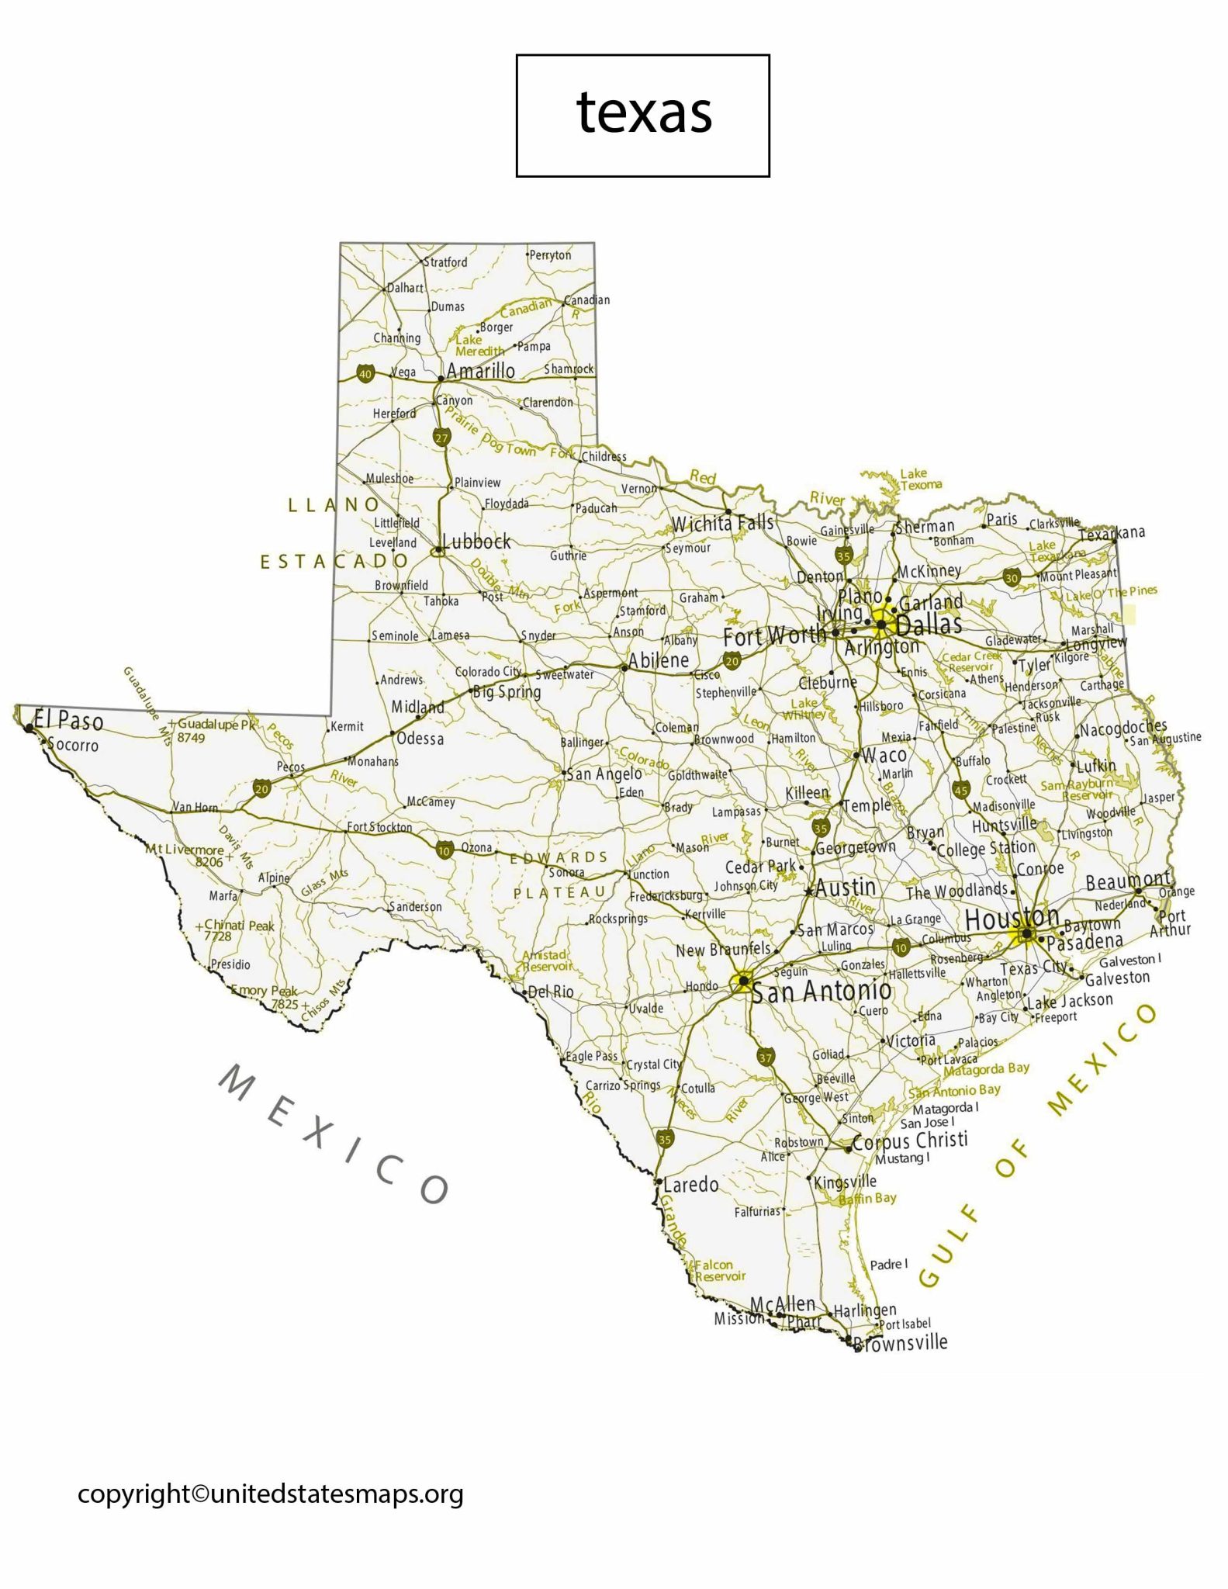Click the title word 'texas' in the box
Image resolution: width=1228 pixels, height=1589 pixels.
pos(644,113)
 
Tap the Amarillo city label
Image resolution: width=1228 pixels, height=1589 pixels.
pos(480,371)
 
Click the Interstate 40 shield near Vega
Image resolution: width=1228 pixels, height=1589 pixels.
pos(365,374)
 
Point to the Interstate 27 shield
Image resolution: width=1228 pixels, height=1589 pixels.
pos(441,438)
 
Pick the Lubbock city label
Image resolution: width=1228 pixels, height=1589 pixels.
pos(476,542)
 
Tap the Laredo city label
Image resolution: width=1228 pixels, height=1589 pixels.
pos(690,1184)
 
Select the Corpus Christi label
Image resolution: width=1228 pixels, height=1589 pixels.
pos(910,1141)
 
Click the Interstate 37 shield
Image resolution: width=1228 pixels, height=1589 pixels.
pos(766,1058)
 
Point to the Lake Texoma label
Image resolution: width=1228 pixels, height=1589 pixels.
pos(920,479)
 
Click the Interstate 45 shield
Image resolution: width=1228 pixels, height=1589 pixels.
pos(961,790)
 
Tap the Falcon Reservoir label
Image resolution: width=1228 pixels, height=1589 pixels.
pos(719,1271)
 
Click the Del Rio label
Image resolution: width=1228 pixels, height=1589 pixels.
pos(551,992)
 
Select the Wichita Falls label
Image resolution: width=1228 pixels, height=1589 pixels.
pos(722,524)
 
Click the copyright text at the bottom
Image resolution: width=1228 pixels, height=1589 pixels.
pos(270,1494)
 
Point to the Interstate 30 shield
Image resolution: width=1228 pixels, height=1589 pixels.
pos(1012,577)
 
